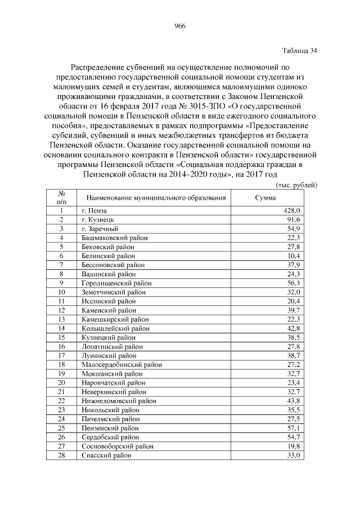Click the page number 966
(180, 26)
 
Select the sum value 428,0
(291, 210)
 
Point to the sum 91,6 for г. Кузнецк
(294, 219)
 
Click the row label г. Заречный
(99, 228)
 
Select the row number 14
(62, 328)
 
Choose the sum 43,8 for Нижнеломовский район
(294, 400)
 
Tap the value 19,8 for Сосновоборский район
(294, 446)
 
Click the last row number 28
(62, 455)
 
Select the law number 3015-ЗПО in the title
(206, 105)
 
